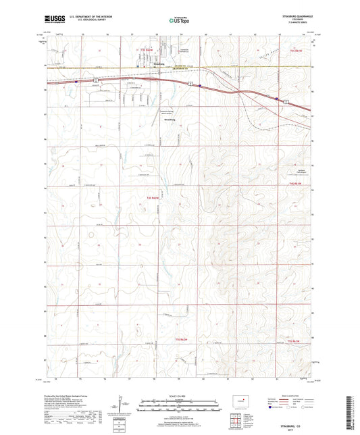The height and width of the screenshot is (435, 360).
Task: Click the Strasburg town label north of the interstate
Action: [159, 64]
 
